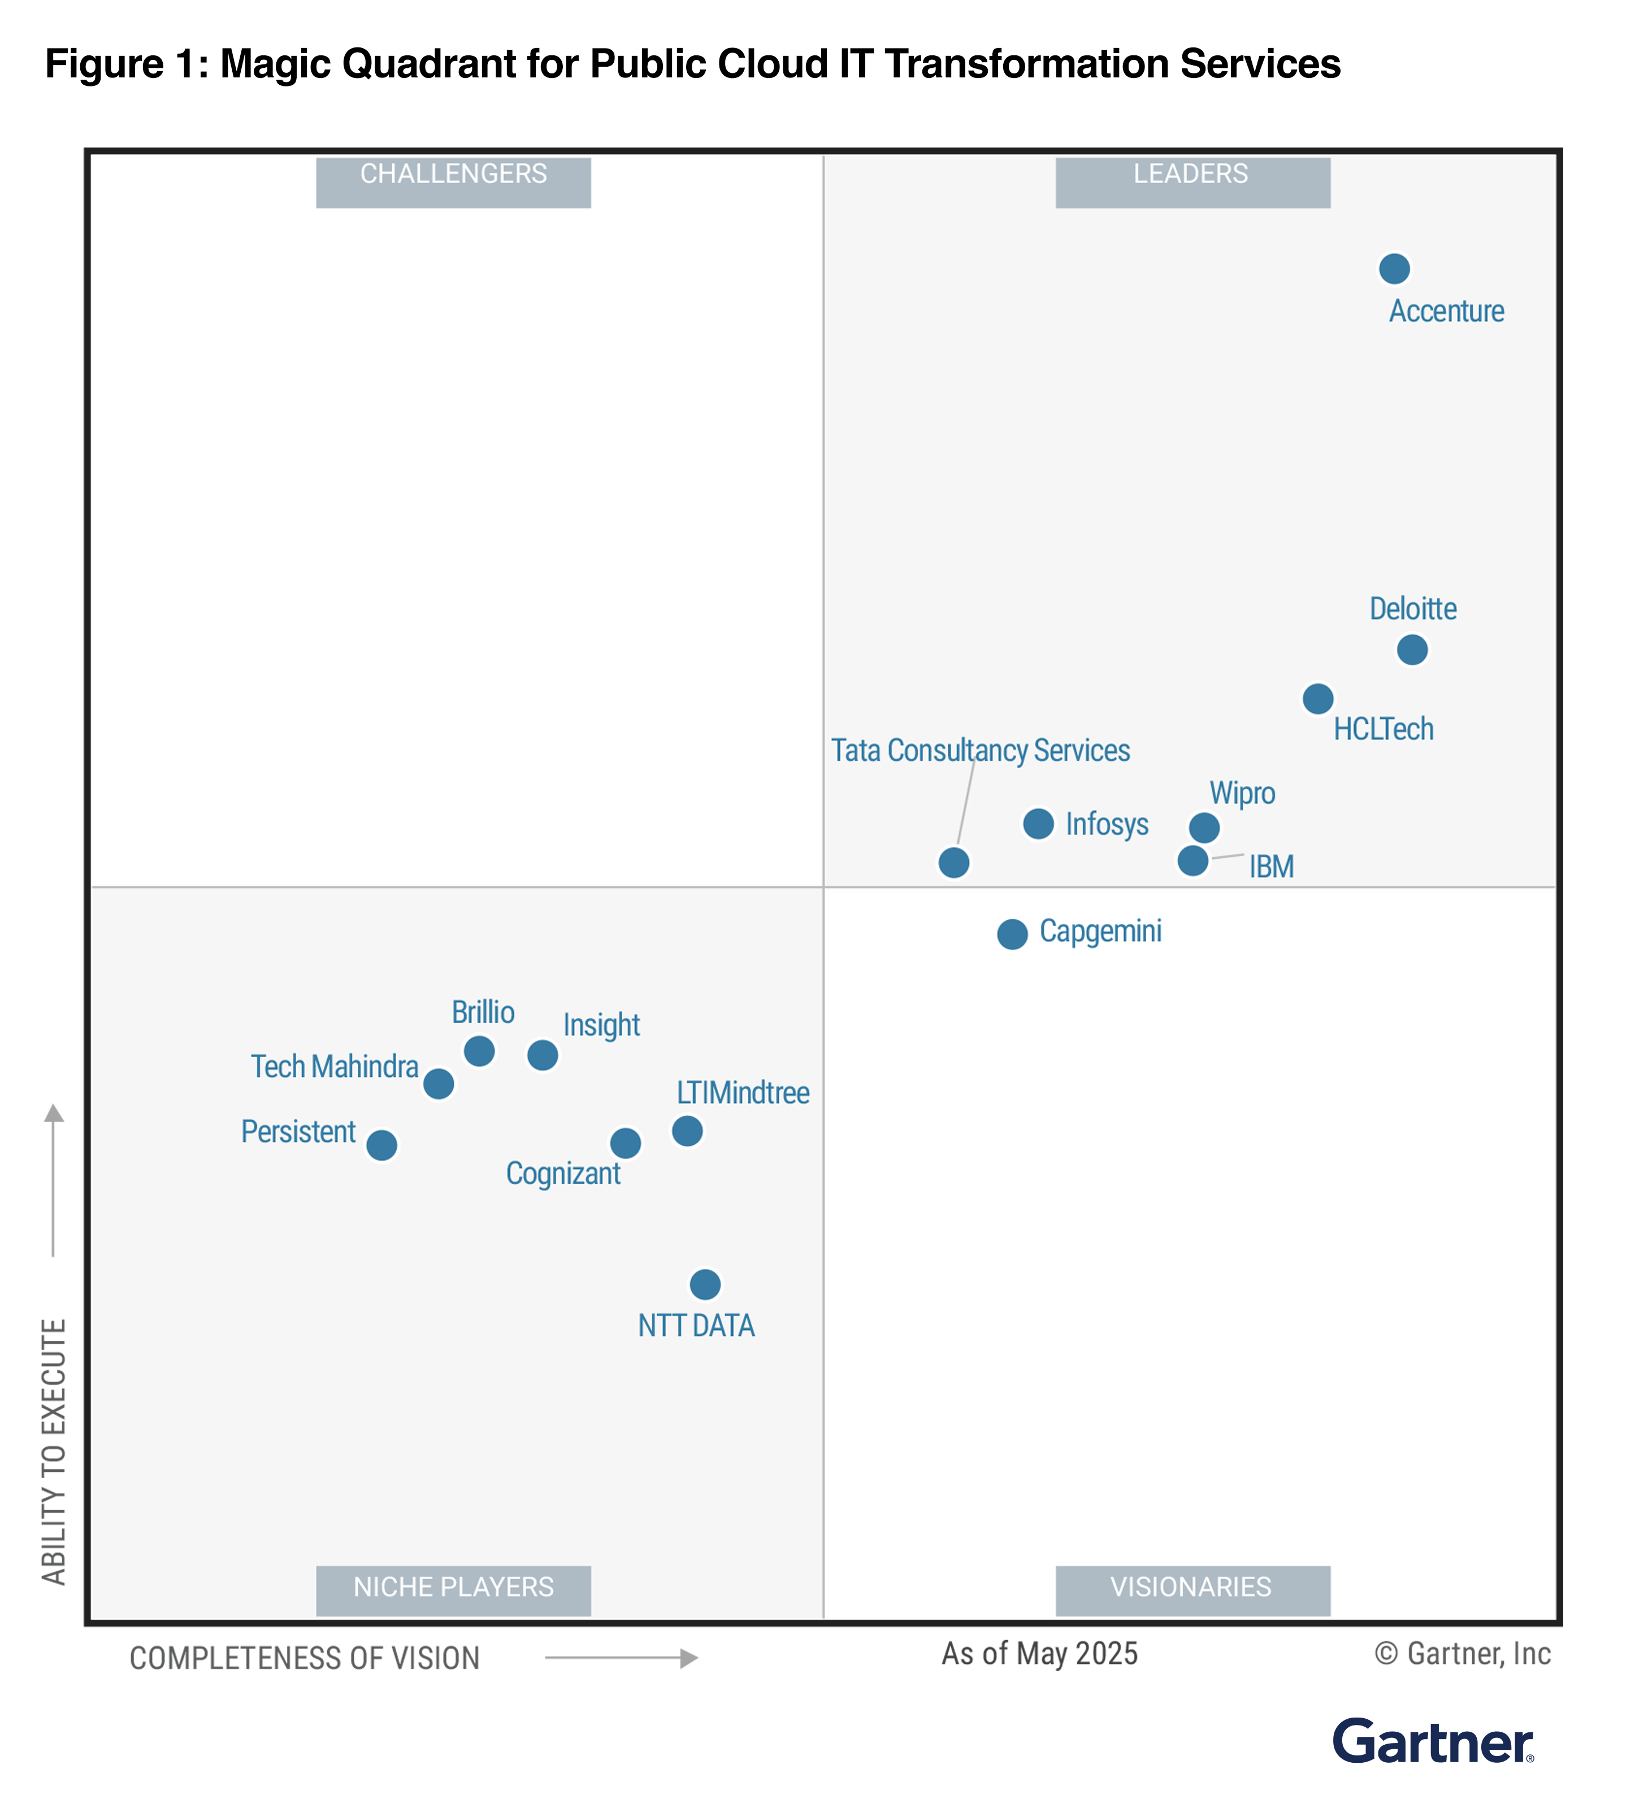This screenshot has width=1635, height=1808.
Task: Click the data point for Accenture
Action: click(1393, 268)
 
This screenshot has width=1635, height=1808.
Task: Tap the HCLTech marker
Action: click(1317, 698)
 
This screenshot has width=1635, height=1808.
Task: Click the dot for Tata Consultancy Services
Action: click(953, 862)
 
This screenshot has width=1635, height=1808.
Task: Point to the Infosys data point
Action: click(1038, 823)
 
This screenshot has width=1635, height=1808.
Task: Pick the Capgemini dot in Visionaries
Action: click(1012, 933)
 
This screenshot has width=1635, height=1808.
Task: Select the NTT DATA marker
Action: click(705, 1283)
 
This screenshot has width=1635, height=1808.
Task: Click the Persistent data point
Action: click(381, 1144)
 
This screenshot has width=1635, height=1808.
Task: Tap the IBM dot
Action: click(1192, 860)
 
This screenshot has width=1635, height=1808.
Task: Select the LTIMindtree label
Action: click(743, 1092)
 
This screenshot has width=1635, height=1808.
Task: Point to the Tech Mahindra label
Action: click(335, 1066)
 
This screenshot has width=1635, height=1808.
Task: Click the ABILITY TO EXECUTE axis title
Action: click(54, 1451)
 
